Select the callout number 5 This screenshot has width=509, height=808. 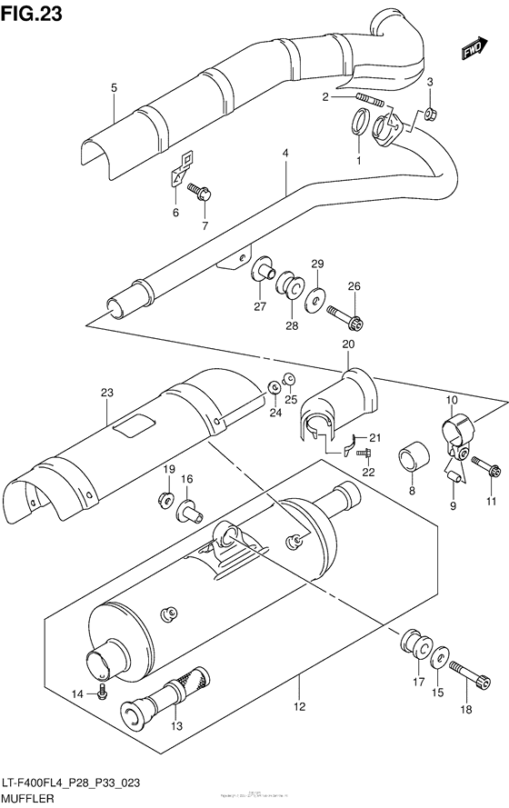pos(115,88)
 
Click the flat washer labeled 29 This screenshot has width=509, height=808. pos(317,296)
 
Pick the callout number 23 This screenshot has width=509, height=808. pos(105,394)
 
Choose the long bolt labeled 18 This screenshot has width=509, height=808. pos(464,674)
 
